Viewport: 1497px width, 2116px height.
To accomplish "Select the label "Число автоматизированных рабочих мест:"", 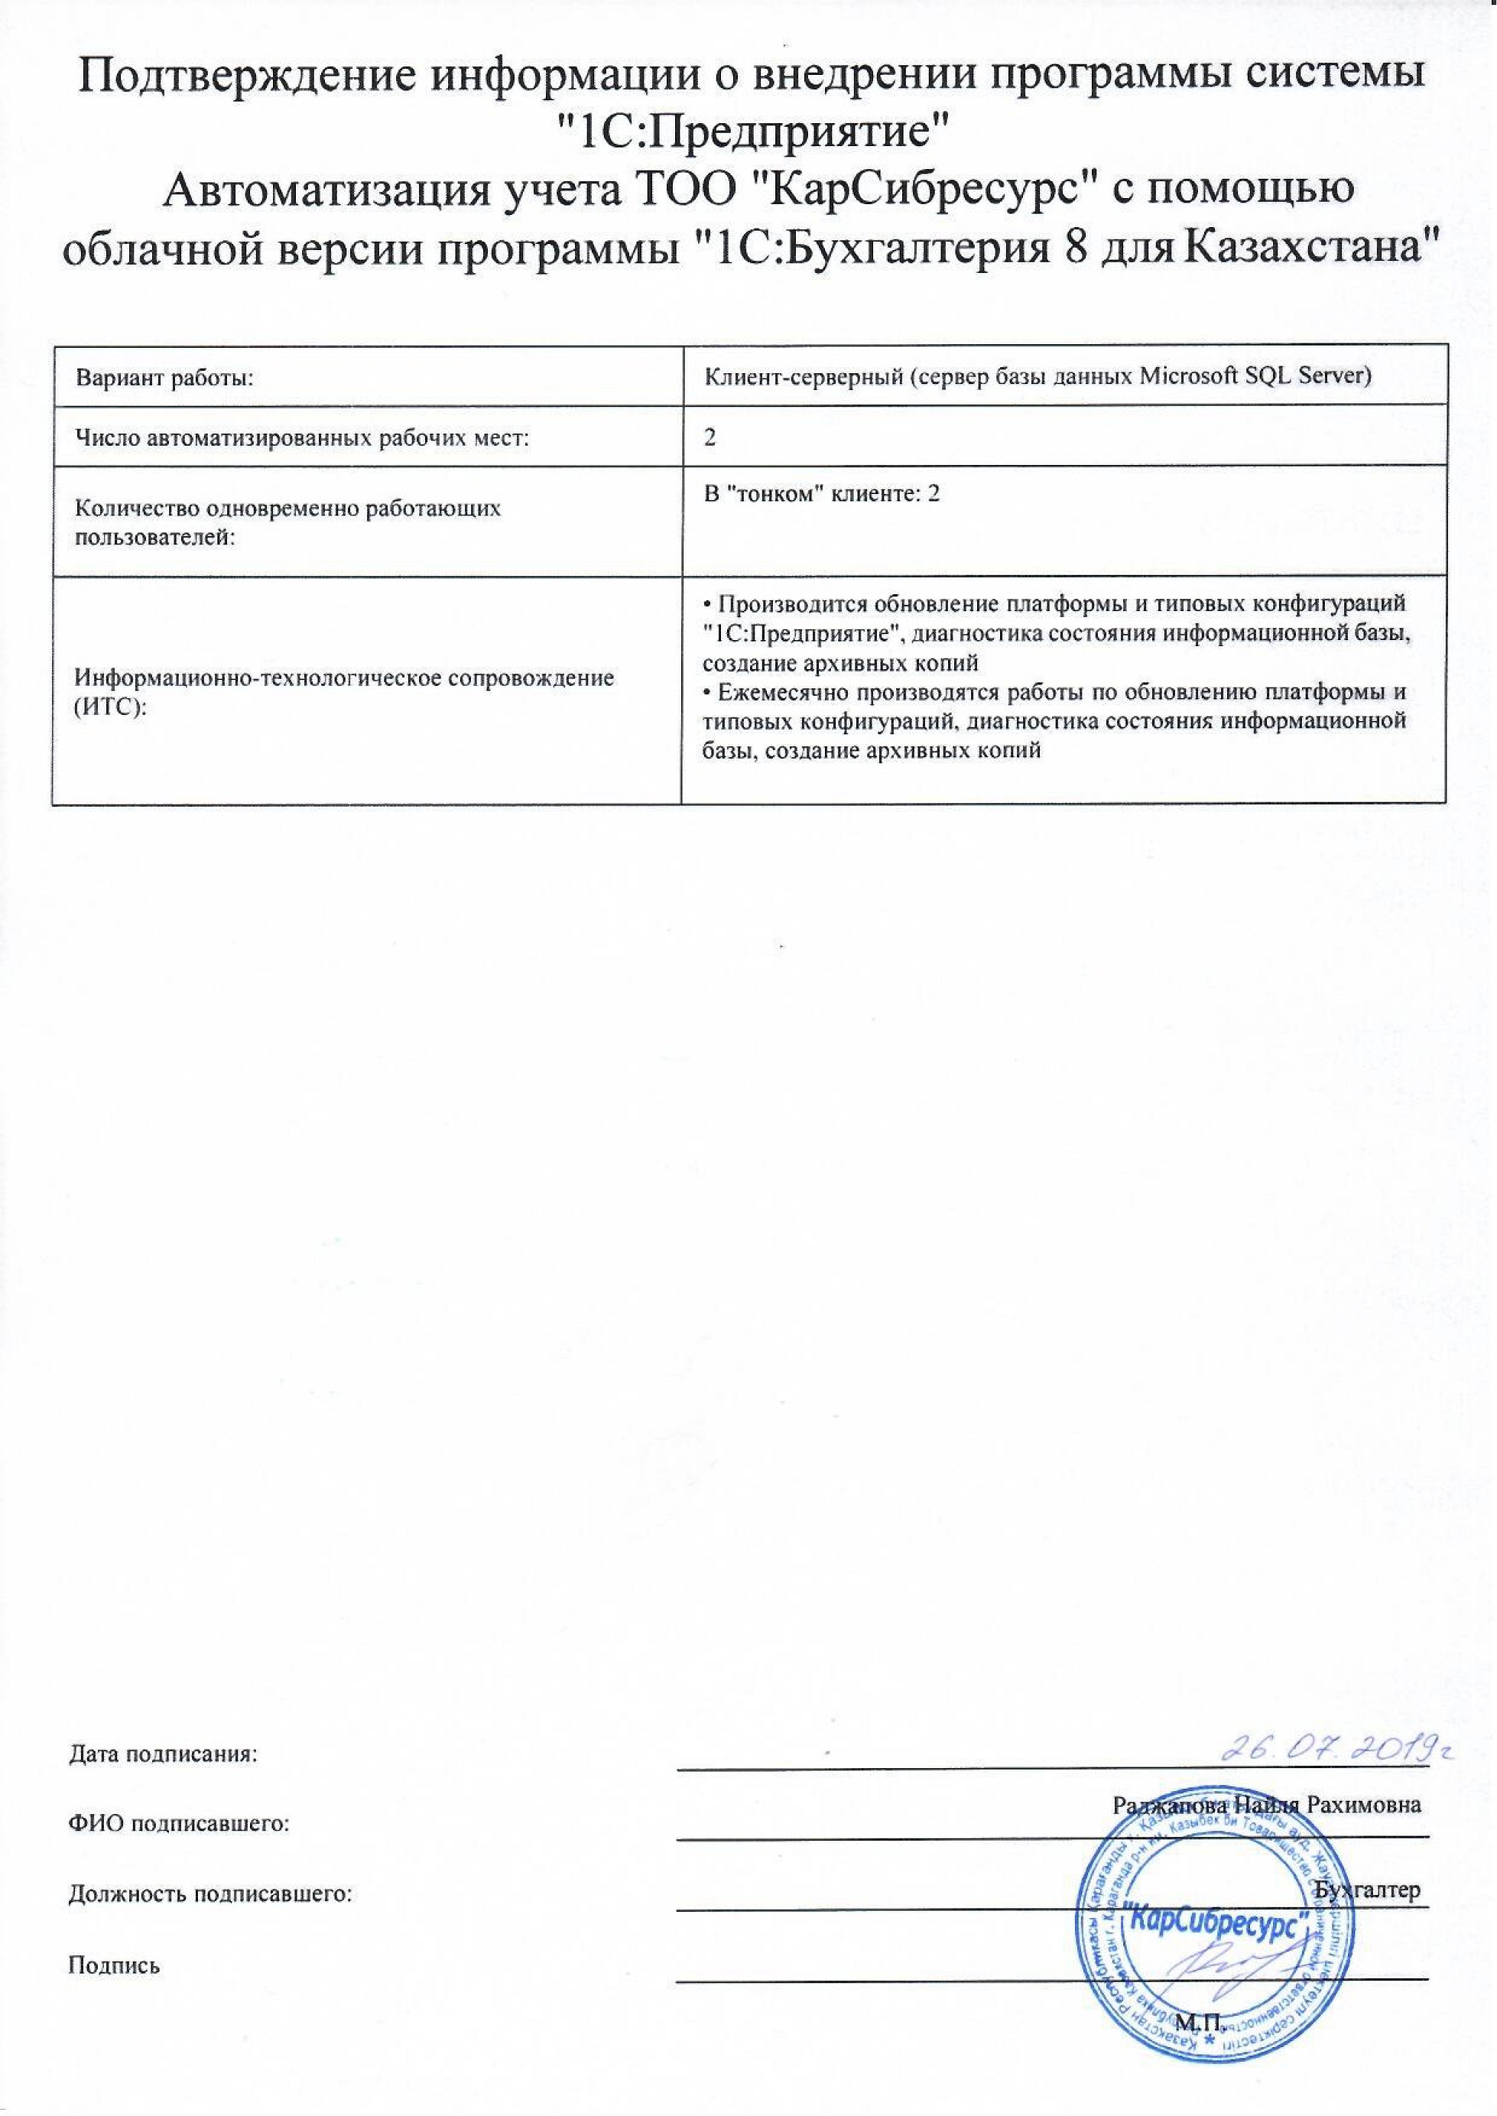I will [302, 438].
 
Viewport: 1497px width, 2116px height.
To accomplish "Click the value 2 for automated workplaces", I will [710, 438].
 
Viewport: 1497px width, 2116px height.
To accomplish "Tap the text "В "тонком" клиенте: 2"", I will [821, 494].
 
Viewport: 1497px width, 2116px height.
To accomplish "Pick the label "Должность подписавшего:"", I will [211, 1893].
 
